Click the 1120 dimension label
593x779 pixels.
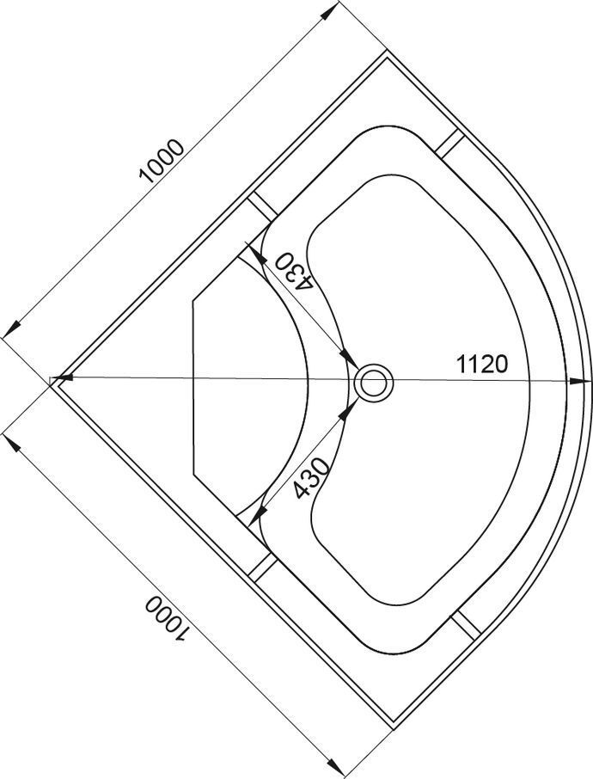tap(482, 365)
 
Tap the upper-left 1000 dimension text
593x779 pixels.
tap(162, 162)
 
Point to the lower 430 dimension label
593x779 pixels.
tap(311, 477)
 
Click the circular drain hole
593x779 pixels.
tap(374, 383)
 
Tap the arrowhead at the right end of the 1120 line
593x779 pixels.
tap(578, 381)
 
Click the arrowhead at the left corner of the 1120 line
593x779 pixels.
tap(64, 378)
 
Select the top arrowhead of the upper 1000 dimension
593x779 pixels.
tap(327, 14)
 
